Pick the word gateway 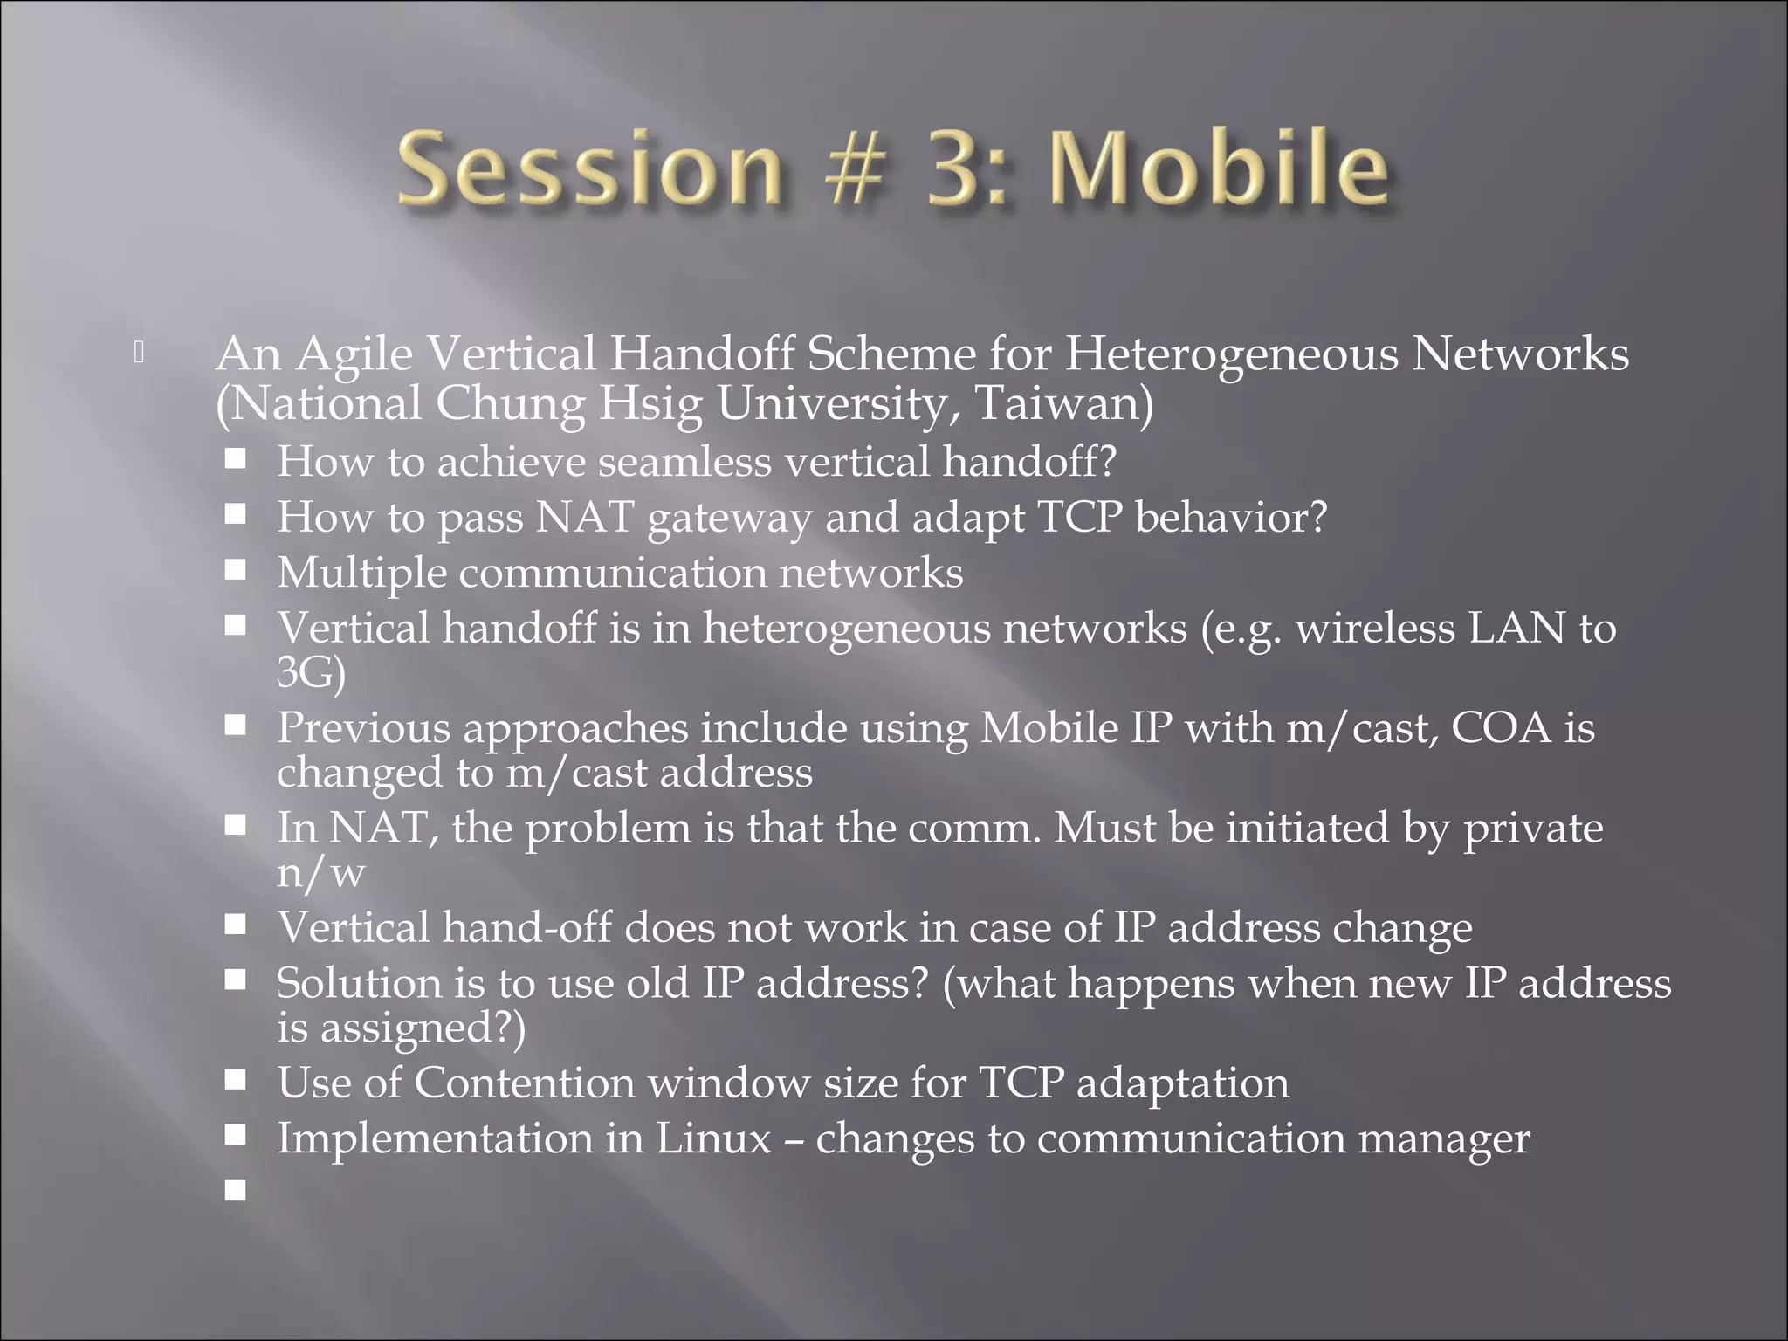point(730,518)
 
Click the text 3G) point(311,673)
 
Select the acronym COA point(1501,728)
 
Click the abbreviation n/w point(320,872)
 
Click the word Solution point(359,983)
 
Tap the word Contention point(524,1083)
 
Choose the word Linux point(713,1138)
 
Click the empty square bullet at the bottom point(235,1190)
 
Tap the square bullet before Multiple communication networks point(235,571)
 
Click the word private point(1532,828)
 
